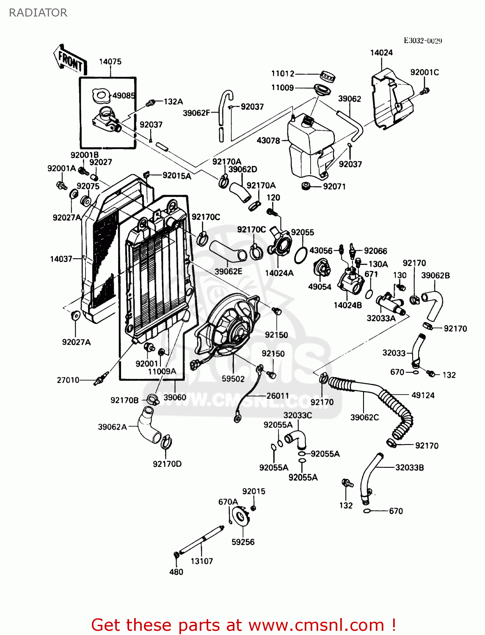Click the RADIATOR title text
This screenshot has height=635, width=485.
[38, 13]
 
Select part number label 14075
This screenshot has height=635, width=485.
[110, 62]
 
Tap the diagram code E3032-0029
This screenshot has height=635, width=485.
[422, 41]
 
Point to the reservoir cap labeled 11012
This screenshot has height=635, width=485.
[328, 77]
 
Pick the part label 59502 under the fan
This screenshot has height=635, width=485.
[233, 379]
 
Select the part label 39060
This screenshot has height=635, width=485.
[175, 397]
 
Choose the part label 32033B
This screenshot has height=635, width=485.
[409, 467]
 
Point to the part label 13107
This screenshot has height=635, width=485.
[201, 561]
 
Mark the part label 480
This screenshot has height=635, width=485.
[176, 572]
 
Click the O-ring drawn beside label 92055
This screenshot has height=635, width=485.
[300, 255]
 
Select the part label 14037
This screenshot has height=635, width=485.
[61, 259]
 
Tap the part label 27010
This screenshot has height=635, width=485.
[68, 380]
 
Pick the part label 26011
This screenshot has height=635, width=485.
[278, 396]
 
